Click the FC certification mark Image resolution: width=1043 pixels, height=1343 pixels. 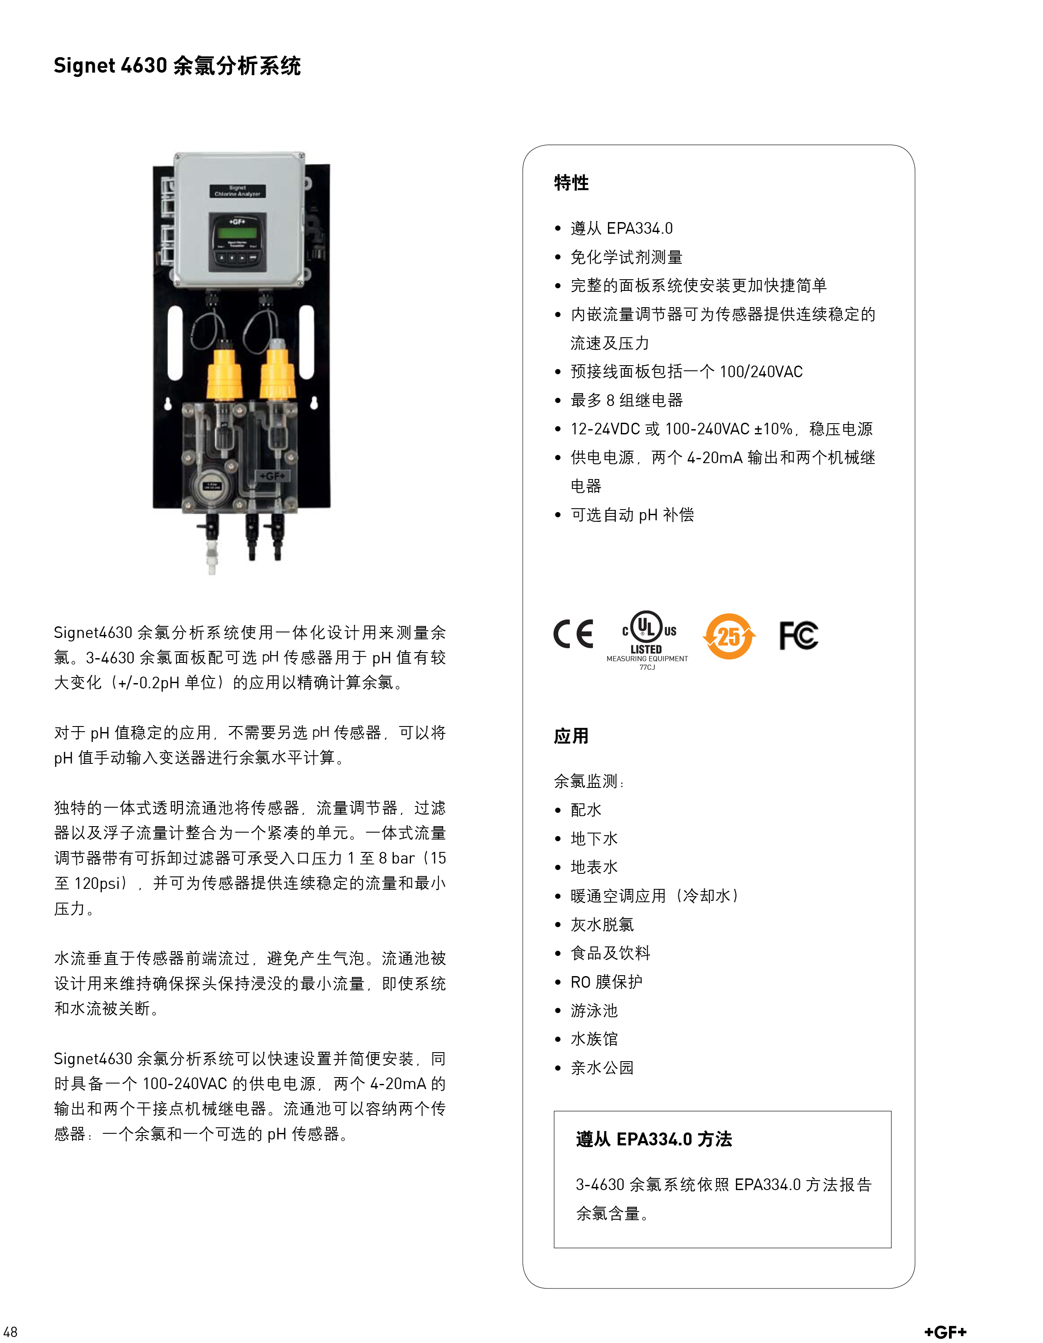(798, 635)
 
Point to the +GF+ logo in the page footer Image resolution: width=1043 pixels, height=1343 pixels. (945, 1332)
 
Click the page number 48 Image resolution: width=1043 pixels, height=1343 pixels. (10, 1331)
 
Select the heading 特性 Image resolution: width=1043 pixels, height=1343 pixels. (571, 183)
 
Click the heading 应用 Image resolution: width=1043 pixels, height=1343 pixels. (571, 736)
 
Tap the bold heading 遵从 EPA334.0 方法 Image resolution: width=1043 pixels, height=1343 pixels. (654, 1139)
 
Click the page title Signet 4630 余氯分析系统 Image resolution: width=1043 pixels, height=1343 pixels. (177, 66)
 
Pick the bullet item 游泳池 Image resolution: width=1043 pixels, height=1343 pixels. (594, 1010)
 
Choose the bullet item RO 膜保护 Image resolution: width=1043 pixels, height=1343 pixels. (606, 982)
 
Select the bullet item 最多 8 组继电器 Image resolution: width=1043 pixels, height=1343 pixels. (626, 400)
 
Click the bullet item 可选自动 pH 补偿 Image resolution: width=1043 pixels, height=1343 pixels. (632, 515)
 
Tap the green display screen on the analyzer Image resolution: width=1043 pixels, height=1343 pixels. (237, 232)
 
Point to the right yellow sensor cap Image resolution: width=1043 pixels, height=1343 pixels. (278, 372)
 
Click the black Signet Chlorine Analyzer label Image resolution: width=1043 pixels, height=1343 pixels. (237, 191)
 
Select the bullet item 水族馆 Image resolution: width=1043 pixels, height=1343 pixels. (594, 1039)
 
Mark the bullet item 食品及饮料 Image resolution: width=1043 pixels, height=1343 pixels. (610, 953)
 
